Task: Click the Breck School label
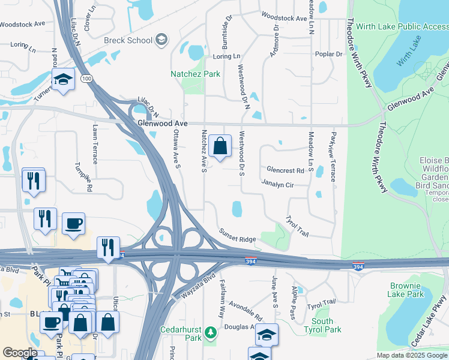pyautogui.click(x=128, y=40)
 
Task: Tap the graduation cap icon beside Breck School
pyautogui.click(x=161, y=40)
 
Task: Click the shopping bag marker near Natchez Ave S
pyautogui.click(x=220, y=146)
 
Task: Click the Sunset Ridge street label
pyautogui.click(x=237, y=235)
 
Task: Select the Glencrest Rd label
pyautogui.click(x=285, y=170)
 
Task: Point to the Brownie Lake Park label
pyautogui.click(x=407, y=290)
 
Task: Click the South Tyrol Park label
pyautogui.click(x=327, y=326)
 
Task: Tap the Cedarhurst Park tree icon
pyautogui.click(x=210, y=332)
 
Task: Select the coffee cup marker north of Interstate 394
pyautogui.click(x=73, y=223)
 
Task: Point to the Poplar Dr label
pyautogui.click(x=330, y=54)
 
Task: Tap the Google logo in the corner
pyautogui.click(x=19, y=353)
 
